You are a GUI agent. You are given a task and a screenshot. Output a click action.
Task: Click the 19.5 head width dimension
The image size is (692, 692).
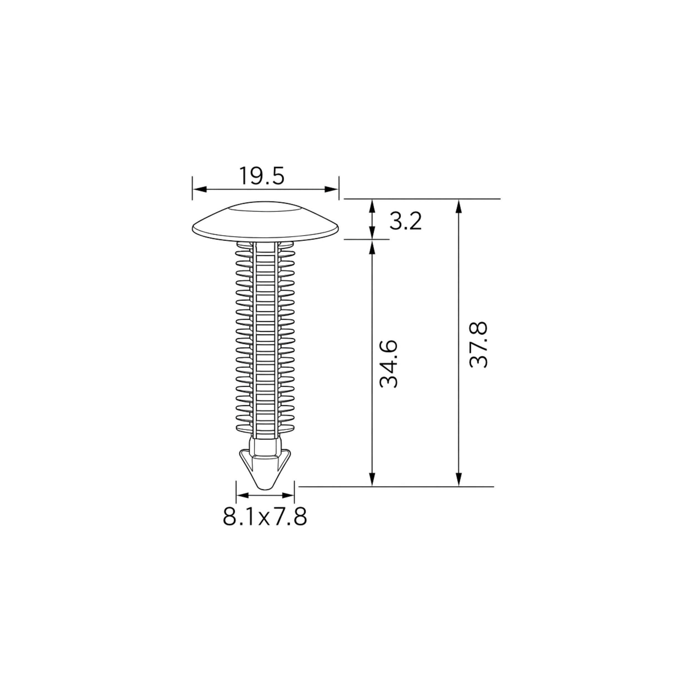click(x=262, y=176)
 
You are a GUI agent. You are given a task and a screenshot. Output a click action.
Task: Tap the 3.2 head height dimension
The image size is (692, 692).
click(x=406, y=221)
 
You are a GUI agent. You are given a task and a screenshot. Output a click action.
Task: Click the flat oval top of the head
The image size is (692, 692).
click(x=265, y=208)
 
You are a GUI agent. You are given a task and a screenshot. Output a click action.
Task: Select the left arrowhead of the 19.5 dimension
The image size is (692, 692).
click(x=200, y=189)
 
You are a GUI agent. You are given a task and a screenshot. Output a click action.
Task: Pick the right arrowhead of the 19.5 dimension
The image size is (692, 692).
click(x=331, y=189)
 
